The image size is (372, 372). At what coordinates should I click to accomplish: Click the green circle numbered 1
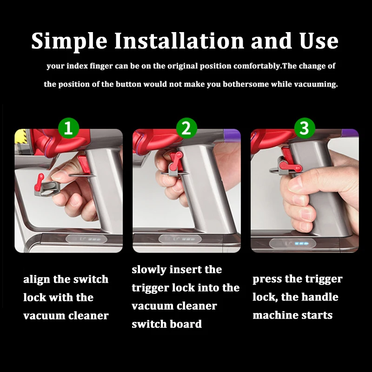(x=68, y=128)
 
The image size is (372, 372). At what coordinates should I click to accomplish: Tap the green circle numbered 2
(x=186, y=128)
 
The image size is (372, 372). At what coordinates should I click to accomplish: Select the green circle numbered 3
(x=305, y=128)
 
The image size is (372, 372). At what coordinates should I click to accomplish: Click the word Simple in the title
(x=69, y=41)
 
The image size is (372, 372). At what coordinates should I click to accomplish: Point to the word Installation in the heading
(x=179, y=40)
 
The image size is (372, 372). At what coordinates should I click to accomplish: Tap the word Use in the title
(x=319, y=41)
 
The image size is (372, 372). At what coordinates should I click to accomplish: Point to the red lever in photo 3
(x=290, y=166)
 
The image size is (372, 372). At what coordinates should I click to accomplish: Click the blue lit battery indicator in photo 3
(x=301, y=244)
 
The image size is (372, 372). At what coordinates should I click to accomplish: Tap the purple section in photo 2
(x=232, y=135)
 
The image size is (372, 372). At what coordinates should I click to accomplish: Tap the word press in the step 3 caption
(x=267, y=279)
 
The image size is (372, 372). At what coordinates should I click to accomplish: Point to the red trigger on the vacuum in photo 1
(x=84, y=164)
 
